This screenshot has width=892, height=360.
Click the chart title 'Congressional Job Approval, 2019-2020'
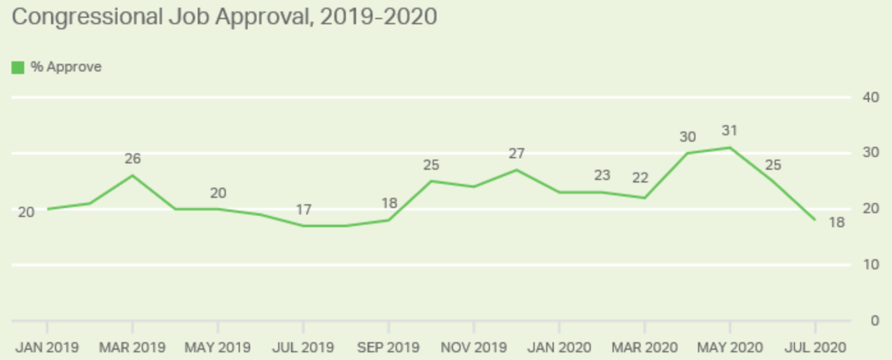[x=224, y=17]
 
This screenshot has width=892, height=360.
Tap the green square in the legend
[x=18, y=67]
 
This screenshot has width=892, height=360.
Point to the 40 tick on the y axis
[x=872, y=97]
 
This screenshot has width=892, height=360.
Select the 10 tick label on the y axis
[x=872, y=264]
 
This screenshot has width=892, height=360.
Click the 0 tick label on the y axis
[x=875, y=320]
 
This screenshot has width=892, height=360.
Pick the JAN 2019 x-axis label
[x=47, y=348]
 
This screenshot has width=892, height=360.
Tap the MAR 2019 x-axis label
[x=132, y=348]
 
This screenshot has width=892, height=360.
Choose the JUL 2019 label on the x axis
[x=303, y=348]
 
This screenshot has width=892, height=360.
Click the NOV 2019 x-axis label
[x=473, y=348]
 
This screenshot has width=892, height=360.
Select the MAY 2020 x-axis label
[x=730, y=348]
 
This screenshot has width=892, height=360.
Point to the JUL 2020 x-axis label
[x=815, y=348]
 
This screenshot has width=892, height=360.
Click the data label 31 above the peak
[x=729, y=131]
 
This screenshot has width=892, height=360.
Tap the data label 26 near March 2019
[x=132, y=159]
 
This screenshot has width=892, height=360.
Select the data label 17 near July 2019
[x=303, y=209]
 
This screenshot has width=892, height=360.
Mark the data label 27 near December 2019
[x=516, y=154]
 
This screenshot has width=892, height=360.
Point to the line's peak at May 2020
[x=730, y=147]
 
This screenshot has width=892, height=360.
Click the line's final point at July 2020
[x=815, y=220]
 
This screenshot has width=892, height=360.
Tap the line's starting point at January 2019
[x=47, y=209]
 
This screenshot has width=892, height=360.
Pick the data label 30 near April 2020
[x=687, y=137]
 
